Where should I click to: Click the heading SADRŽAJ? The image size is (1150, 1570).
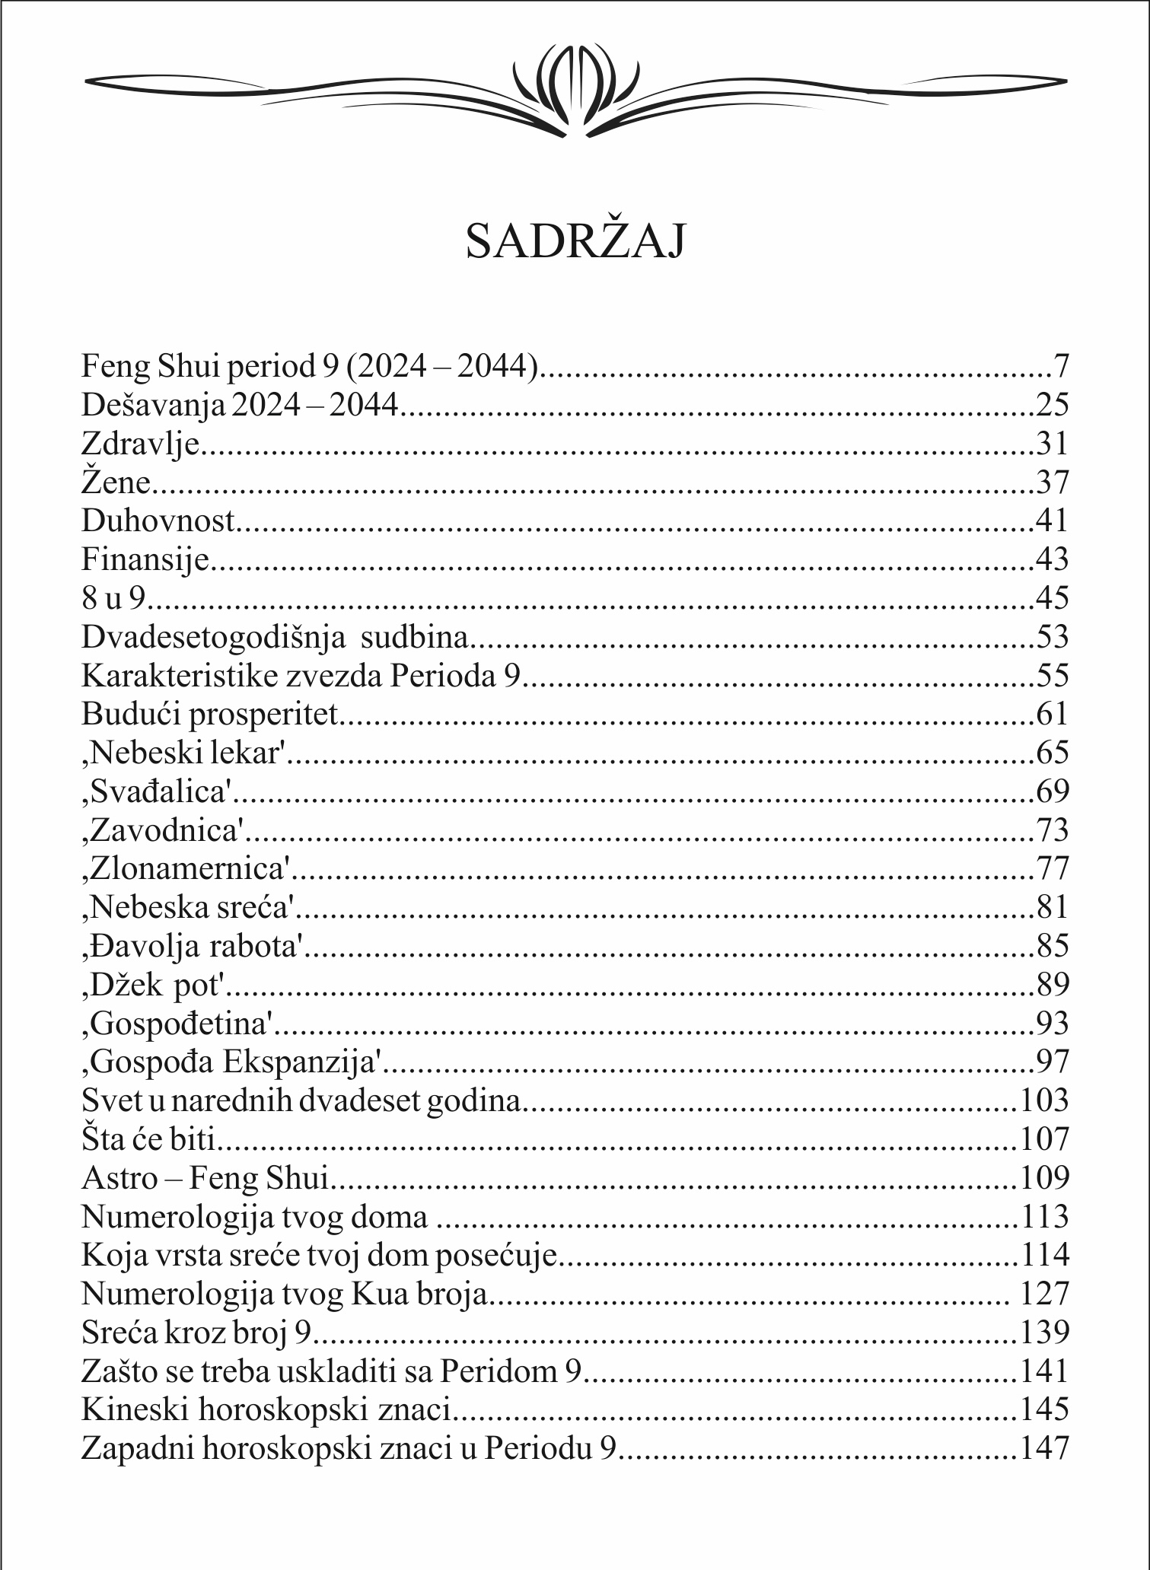(x=575, y=241)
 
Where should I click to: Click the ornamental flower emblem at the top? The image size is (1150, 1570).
(x=575, y=86)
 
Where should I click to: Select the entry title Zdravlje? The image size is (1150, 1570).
(x=140, y=444)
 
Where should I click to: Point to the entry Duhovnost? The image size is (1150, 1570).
(x=158, y=521)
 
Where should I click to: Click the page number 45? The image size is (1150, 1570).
(x=1053, y=598)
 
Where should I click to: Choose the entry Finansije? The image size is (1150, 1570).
(x=145, y=559)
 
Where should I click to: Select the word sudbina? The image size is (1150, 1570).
(x=414, y=637)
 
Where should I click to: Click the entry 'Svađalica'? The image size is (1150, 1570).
(x=156, y=791)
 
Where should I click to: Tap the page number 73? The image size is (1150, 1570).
(x=1053, y=830)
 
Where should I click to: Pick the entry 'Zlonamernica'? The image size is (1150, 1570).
(x=186, y=868)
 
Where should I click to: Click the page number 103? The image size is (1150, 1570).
(x=1044, y=1100)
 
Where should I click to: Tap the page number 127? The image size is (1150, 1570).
(x=1044, y=1294)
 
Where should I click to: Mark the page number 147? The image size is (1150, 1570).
(x=1044, y=1448)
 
